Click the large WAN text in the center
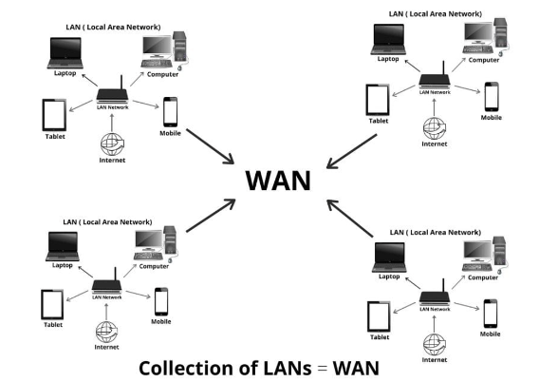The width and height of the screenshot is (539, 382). click(x=278, y=181)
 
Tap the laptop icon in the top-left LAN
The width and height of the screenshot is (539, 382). click(x=65, y=53)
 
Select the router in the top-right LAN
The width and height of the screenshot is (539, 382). click(x=435, y=78)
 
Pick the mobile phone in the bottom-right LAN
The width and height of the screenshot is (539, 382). click(x=491, y=314)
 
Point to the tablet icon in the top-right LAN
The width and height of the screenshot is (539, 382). click(x=378, y=100)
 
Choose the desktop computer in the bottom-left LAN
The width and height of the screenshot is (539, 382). click(x=155, y=244)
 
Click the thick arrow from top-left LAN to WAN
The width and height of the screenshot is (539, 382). click(x=210, y=146)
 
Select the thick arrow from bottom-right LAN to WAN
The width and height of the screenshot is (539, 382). click(x=350, y=219)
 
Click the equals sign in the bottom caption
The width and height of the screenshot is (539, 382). click(x=322, y=369)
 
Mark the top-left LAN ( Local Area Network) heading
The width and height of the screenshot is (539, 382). click(x=113, y=28)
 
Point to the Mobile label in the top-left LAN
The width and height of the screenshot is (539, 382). click(x=170, y=133)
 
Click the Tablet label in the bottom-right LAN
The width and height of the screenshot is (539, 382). click(x=380, y=337)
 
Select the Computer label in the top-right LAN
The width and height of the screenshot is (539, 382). click(x=484, y=60)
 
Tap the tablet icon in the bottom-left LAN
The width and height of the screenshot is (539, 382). click(x=52, y=305)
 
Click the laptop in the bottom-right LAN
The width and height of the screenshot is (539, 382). click(x=389, y=258)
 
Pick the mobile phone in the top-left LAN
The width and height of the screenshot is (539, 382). click(x=171, y=112)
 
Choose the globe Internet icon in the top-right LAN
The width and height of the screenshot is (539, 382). click(x=435, y=128)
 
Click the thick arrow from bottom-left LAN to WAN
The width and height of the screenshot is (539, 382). click(x=211, y=216)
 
